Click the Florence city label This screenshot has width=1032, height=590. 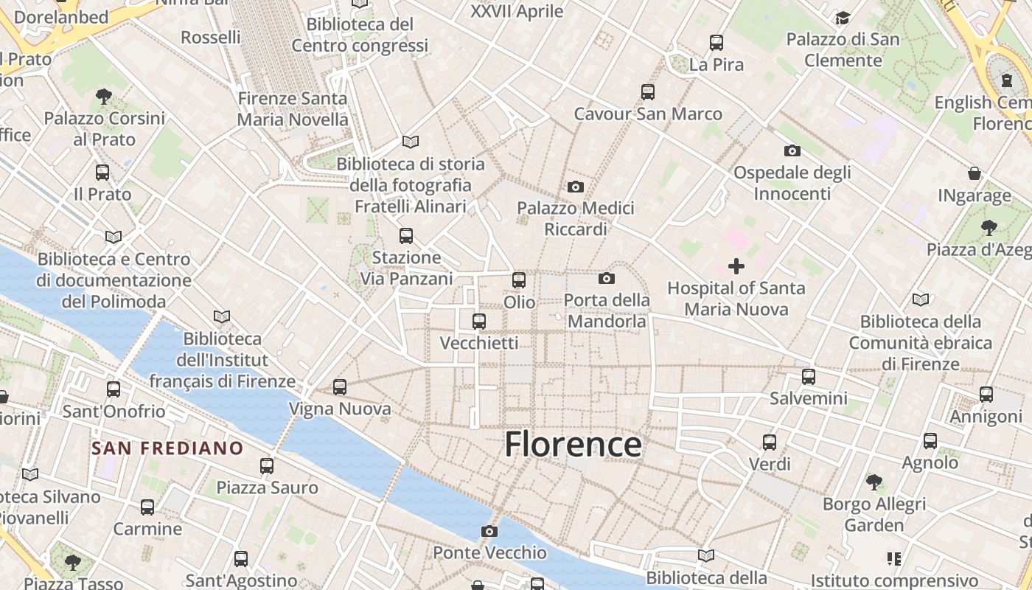pos(573,445)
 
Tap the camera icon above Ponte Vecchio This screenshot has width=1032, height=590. pos(489,531)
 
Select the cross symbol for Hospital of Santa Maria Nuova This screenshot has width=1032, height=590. pos(736,266)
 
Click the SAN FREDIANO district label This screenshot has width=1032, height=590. pos(167,448)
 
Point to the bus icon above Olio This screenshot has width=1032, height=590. pos(519,280)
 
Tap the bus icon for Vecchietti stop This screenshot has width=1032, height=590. pos(479,322)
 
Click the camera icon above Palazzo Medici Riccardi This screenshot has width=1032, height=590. pos(576,187)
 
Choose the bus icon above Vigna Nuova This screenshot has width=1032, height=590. pos(340,386)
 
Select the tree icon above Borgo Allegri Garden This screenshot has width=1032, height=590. pos(874,482)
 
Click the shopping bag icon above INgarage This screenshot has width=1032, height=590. pos(975,173)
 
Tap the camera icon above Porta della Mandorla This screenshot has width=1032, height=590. pos(607,278)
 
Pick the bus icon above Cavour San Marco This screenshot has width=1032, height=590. pos(648,92)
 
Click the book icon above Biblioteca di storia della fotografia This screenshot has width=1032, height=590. pos(411,142)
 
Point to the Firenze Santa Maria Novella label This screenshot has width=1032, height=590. pos(293,108)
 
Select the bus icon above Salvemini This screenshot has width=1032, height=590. pos(809,377)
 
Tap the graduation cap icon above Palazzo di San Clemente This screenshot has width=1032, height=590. pos(843,18)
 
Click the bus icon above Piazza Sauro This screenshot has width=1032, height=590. pos(267,466)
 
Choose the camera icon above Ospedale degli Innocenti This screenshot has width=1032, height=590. pos(792,150)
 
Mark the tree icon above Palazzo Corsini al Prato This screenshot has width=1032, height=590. pos(104,96)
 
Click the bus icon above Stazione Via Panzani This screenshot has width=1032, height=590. pos(406,236)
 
